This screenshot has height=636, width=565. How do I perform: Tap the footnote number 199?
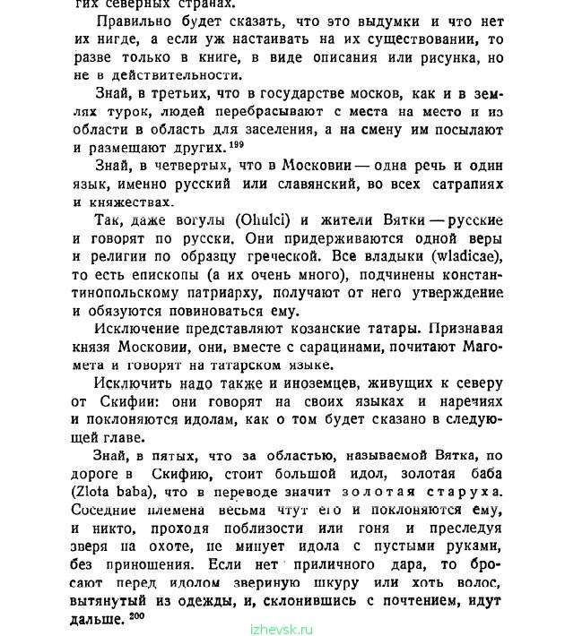coord(236,143)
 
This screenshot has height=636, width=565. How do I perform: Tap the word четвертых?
coord(202,168)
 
